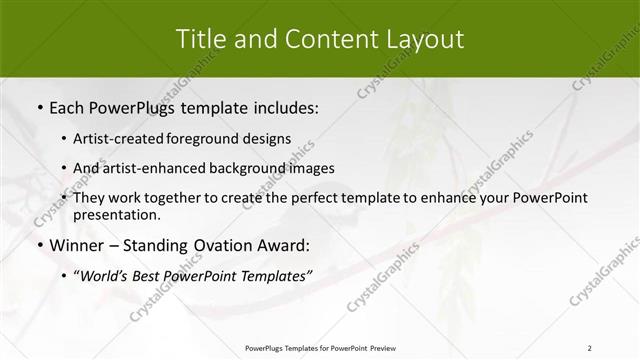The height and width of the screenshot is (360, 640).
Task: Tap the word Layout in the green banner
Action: click(428, 39)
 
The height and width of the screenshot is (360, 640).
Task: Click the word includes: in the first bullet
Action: click(284, 106)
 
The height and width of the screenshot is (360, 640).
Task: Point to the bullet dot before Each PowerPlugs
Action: click(39, 106)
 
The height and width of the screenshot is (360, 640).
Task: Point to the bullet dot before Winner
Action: click(39, 244)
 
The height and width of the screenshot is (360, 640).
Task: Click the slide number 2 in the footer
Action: click(589, 347)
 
